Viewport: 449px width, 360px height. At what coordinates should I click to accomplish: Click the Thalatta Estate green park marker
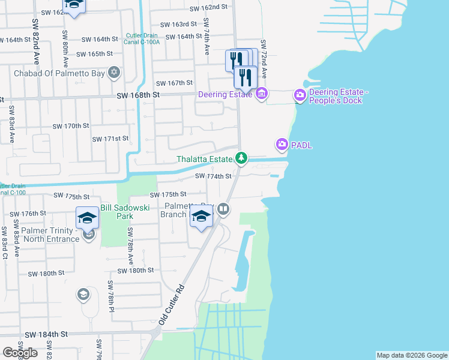click(x=241, y=158)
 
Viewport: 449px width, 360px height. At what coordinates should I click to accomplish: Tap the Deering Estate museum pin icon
click(x=261, y=94)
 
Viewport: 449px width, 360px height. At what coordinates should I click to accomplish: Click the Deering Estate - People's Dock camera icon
click(x=300, y=95)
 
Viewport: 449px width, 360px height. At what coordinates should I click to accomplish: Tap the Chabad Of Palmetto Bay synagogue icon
click(x=114, y=74)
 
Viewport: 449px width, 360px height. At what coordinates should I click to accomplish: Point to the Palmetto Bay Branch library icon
click(x=223, y=209)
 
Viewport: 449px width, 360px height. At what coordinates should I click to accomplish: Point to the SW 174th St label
click(x=213, y=176)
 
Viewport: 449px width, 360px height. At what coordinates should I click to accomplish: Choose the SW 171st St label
click(x=110, y=139)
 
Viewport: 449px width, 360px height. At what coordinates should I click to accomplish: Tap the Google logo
click(x=20, y=353)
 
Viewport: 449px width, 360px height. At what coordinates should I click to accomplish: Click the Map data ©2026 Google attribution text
click(x=411, y=355)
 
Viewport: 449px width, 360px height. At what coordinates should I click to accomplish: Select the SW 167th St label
click(x=174, y=83)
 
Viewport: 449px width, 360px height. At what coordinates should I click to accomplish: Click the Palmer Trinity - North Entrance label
click(x=42, y=235)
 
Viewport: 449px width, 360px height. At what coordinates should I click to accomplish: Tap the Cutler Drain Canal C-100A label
click(x=143, y=39)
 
